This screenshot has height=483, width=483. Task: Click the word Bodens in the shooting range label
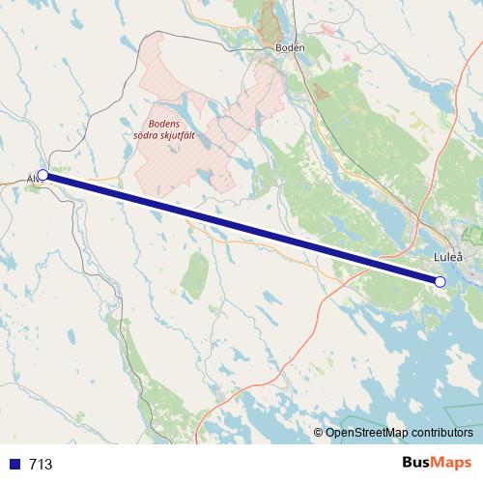(164, 123)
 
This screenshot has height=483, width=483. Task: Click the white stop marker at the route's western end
(43, 175)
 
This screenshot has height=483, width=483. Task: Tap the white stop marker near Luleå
(440, 282)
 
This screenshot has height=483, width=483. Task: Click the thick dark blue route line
(241, 229)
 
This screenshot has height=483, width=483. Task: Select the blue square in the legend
(14, 464)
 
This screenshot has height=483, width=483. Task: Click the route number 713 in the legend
(42, 465)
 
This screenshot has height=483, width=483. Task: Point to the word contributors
(444, 433)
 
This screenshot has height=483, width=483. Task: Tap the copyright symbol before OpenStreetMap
(319, 433)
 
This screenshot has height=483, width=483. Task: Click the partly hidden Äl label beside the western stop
(32, 179)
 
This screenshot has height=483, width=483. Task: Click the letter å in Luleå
(459, 258)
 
